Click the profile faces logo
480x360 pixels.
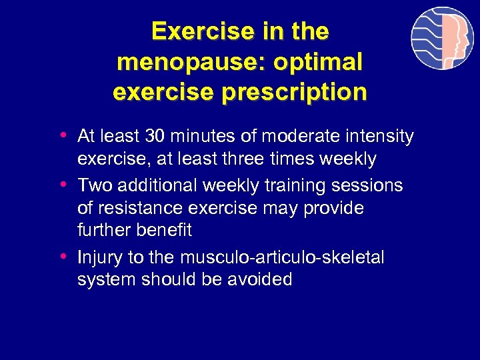441,38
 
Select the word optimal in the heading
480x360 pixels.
322,62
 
